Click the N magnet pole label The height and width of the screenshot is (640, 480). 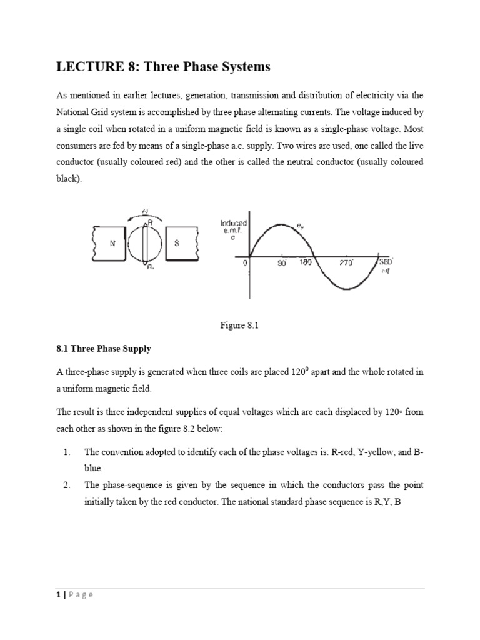coord(112,244)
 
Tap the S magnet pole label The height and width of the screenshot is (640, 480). coord(177,244)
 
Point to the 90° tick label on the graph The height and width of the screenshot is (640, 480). coord(282,264)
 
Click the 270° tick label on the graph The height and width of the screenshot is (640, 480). coord(347,264)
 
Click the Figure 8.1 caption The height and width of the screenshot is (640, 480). coord(239,324)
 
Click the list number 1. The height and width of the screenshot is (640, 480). coord(61,452)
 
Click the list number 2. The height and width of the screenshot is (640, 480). coord(61,485)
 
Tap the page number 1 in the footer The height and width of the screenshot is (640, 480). coord(57,595)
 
